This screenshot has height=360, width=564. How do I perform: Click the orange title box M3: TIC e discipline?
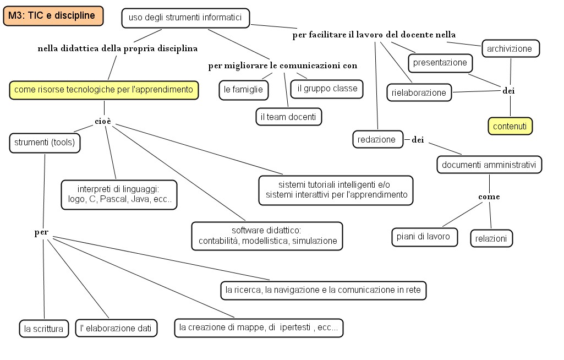click(52, 16)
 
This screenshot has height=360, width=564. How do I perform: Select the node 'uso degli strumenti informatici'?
click(185, 18)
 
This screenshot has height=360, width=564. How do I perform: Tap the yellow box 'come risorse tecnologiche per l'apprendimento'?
click(104, 89)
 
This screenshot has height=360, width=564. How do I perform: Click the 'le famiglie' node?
click(243, 89)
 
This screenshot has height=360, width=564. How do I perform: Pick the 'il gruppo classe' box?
click(327, 88)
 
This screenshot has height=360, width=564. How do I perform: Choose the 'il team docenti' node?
click(288, 116)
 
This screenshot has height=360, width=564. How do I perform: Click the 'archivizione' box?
click(510, 48)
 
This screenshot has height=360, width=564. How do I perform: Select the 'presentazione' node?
click(440, 63)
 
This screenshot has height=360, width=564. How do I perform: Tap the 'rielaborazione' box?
click(419, 92)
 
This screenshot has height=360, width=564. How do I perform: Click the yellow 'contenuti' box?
click(510, 126)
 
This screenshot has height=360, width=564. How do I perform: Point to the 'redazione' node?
click(377, 140)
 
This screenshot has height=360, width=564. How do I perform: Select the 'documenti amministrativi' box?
click(489, 164)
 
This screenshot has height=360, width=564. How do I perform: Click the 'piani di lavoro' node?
click(424, 237)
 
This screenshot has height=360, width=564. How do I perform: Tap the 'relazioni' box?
click(491, 238)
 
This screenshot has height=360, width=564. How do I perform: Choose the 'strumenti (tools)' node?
click(45, 143)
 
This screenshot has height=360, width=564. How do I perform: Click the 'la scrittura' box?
click(43, 329)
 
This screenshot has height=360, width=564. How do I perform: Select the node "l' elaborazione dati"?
click(116, 329)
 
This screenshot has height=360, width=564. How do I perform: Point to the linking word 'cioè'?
click(103, 121)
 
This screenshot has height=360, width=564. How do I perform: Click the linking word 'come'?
click(489, 197)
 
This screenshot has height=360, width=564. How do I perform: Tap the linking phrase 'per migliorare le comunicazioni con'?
click(283, 66)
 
